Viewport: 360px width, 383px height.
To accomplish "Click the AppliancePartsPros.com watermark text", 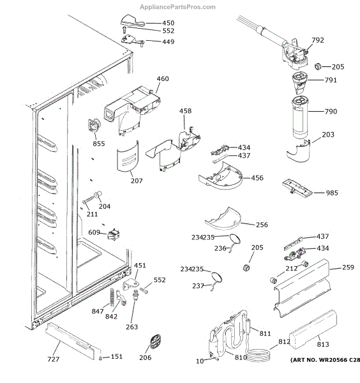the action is [x=177, y=7].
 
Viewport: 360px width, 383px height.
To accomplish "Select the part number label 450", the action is [x=169, y=23].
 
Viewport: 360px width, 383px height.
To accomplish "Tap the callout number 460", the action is [x=163, y=79].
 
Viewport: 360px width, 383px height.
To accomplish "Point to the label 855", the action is [x=99, y=144].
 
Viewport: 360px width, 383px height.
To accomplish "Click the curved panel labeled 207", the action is [x=128, y=156].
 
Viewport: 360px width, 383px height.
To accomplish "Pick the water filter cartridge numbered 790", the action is [x=301, y=117].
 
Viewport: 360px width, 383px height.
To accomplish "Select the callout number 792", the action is [x=318, y=40].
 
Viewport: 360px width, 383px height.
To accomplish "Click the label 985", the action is [x=332, y=193].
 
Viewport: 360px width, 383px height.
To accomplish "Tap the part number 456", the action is [x=257, y=178].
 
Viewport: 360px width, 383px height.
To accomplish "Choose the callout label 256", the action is [x=262, y=225].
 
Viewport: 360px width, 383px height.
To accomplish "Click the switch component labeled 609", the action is [x=114, y=234].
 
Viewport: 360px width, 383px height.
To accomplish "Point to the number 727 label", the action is [x=53, y=359].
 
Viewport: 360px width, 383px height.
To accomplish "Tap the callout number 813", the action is [x=323, y=345].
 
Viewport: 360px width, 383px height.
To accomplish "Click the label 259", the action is [x=348, y=267].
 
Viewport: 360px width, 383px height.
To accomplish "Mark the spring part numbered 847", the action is [x=112, y=297].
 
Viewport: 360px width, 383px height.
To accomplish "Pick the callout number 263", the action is [x=132, y=327].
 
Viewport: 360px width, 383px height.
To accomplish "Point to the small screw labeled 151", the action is [x=100, y=358].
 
